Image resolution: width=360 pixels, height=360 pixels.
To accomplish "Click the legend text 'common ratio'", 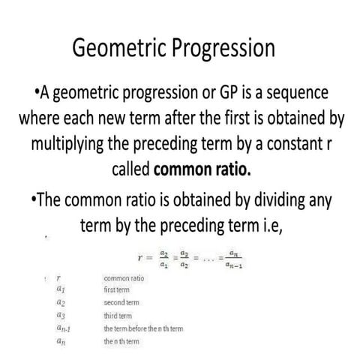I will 123,277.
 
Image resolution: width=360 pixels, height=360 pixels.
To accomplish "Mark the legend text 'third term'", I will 119,315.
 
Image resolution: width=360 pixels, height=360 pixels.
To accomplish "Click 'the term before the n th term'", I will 143,328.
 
